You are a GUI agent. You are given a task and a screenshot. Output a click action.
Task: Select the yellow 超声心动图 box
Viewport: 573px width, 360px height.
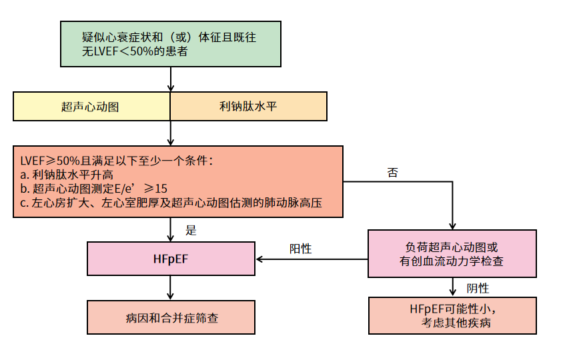click(92, 107)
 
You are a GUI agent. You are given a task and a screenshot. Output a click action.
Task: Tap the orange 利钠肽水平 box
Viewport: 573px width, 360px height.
click(249, 107)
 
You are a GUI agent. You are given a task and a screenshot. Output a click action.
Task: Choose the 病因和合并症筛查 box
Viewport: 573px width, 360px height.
click(171, 317)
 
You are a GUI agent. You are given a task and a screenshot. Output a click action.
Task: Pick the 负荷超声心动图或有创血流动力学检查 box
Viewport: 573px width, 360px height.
click(452, 254)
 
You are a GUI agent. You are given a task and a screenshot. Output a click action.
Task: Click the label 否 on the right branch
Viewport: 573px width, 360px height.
click(393, 172)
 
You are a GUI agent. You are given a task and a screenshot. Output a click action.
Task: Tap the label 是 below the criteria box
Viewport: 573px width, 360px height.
click(191, 230)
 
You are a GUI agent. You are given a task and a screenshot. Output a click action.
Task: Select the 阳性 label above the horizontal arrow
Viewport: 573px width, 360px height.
click(300, 248)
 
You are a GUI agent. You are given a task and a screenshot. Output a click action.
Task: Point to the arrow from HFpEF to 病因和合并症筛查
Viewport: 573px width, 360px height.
click(171, 287)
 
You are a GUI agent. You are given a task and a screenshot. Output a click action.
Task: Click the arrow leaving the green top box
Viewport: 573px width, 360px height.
click(171, 79)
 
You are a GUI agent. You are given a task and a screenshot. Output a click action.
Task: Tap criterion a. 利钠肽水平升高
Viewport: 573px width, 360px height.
click(67, 175)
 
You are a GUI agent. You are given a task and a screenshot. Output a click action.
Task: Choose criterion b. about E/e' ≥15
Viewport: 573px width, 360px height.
click(93, 189)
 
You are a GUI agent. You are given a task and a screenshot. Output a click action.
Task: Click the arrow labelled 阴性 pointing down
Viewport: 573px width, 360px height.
click(453, 288)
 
